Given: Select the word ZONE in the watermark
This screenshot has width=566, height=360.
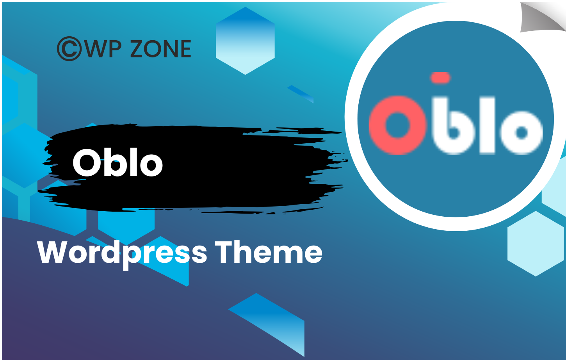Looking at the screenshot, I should coord(160,49).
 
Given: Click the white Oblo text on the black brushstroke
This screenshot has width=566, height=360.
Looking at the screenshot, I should coord(117,163).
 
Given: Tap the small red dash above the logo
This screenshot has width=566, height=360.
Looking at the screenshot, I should coord(440,78).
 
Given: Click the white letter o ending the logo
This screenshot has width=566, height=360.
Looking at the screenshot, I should coord(521,132).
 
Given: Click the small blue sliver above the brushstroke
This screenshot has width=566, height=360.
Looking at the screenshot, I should coord(301,94).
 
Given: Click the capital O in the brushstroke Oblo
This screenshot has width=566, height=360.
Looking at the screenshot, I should coord(87,163).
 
